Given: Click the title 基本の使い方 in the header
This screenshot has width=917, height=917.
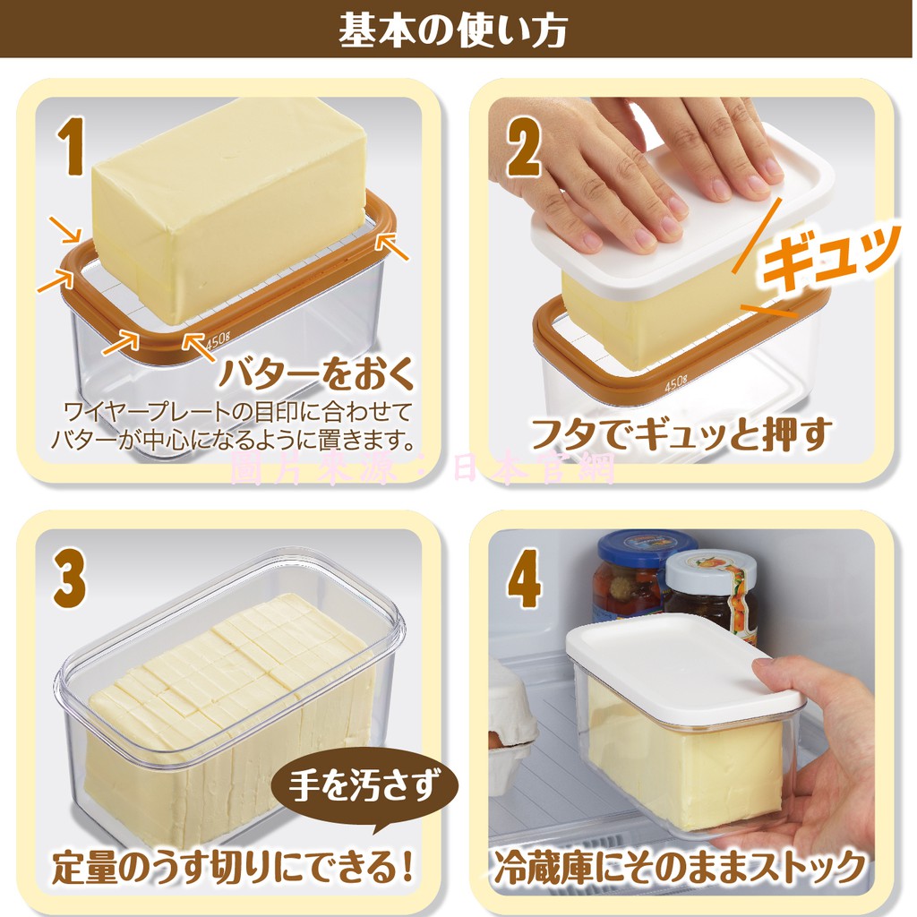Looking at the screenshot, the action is (x=452, y=30).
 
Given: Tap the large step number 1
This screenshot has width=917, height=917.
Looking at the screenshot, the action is (x=72, y=146).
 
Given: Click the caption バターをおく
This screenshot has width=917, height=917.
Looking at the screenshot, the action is (x=316, y=374).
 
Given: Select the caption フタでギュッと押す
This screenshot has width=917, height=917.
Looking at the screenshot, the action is (x=680, y=433).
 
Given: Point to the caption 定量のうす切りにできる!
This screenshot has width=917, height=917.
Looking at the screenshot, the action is (x=233, y=867).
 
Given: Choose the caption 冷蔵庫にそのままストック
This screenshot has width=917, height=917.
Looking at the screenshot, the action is (x=680, y=867).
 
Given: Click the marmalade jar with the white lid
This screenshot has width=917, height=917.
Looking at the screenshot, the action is (x=712, y=596).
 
